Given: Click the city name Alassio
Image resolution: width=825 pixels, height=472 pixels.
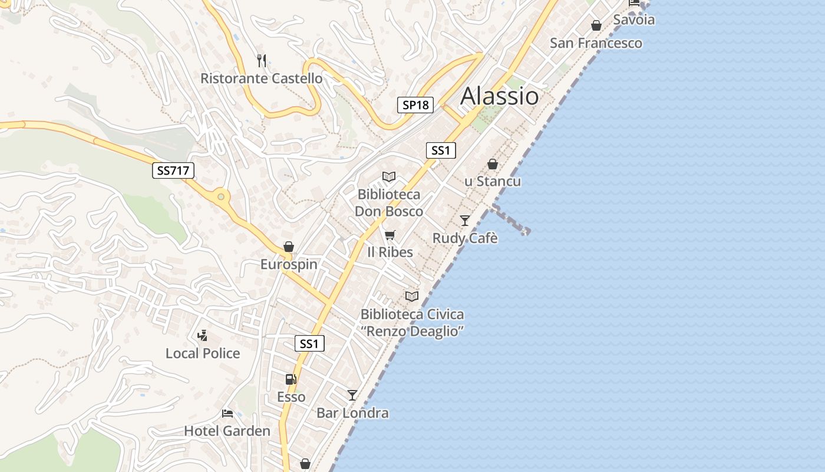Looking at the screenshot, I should pyautogui.click(x=499, y=96).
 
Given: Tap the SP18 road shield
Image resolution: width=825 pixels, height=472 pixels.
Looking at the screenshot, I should pyautogui.click(x=415, y=105).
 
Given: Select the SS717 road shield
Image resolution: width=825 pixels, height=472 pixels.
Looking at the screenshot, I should pyautogui.click(x=173, y=171).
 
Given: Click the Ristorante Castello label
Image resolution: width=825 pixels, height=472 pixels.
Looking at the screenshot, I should pyautogui.click(x=261, y=78).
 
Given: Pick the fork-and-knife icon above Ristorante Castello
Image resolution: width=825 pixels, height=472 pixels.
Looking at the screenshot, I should pyautogui.click(x=262, y=60).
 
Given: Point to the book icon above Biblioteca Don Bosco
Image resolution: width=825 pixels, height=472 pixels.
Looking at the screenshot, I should pyautogui.click(x=388, y=176).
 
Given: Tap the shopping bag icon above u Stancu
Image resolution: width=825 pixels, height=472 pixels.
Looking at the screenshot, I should pyautogui.click(x=493, y=164).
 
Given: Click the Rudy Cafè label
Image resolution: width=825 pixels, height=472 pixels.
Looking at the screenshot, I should pyautogui.click(x=465, y=238).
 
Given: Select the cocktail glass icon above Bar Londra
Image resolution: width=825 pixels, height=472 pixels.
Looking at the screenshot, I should pyautogui.click(x=352, y=395).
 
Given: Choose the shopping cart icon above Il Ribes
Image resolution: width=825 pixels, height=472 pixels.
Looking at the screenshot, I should pyautogui.click(x=390, y=235).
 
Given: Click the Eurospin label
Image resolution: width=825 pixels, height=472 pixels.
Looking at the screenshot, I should pyautogui.click(x=289, y=264).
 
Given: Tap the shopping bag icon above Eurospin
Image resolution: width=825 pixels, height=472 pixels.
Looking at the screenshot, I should pyautogui.click(x=289, y=247).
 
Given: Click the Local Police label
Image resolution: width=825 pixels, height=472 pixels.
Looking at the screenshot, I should pyautogui.click(x=203, y=353).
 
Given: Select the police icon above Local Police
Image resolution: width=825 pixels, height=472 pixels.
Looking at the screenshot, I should pyautogui.click(x=202, y=336).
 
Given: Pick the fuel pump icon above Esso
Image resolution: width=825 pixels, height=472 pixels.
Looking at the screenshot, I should pyautogui.click(x=291, y=379).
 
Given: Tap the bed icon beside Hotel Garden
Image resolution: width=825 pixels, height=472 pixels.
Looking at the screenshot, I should pyautogui.click(x=227, y=413).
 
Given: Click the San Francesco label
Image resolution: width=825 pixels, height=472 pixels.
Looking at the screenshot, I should pyautogui.click(x=596, y=43).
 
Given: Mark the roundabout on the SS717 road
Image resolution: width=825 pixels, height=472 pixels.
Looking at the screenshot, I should pyautogui.click(x=222, y=196).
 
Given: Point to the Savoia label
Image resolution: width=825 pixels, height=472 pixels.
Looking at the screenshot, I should pyautogui.click(x=633, y=19).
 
